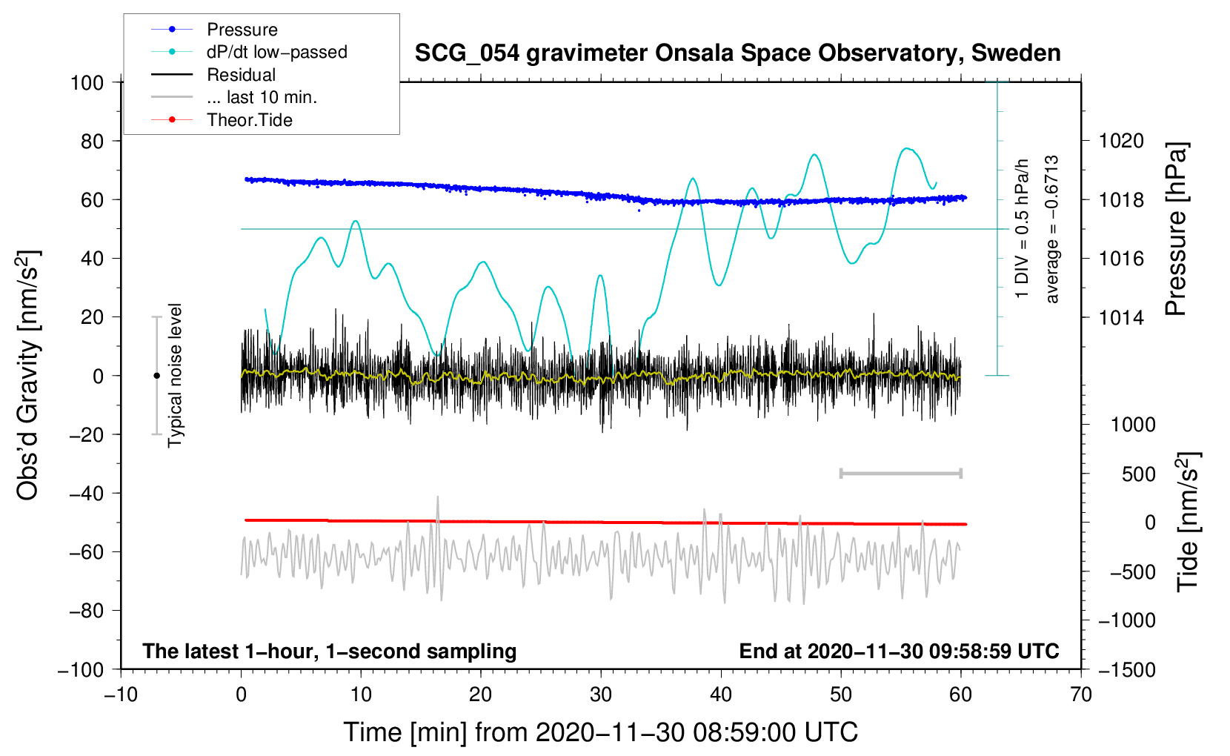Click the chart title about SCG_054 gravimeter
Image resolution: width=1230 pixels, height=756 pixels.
point(737,53)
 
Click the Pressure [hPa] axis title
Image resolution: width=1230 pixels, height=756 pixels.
point(1176,229)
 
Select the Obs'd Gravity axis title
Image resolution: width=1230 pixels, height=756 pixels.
point(28,375)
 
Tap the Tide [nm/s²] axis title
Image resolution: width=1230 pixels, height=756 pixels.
point(1189,522)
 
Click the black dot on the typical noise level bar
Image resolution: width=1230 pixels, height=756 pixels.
point(156,376)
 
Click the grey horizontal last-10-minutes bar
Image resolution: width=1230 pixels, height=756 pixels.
point(900,473)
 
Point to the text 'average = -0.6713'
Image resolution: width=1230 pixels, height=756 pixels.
point(1051,229)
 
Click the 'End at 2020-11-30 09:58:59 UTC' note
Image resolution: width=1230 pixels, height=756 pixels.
point(899,651)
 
